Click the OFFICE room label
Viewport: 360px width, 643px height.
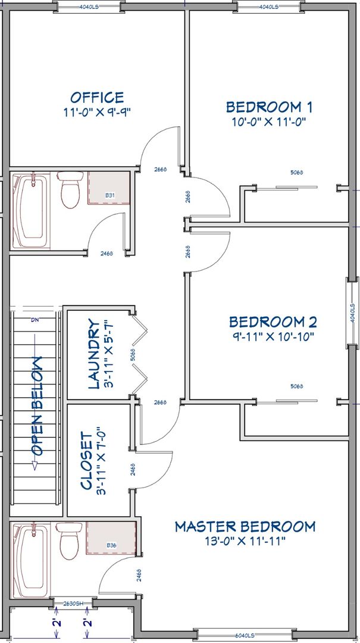pos(97,98)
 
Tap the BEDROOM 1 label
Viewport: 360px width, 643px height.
pos(269,107)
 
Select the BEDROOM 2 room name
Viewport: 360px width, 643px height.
pos(273,322)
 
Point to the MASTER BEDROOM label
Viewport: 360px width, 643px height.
pos(245,526)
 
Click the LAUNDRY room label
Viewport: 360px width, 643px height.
pos(94,354)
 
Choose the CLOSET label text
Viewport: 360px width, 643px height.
pos(87,460)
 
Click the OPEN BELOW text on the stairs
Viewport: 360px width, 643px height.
pos(36,406)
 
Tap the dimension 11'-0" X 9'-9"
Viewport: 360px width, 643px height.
pos(97,113)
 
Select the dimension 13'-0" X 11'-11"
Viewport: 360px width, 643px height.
pos(245,541)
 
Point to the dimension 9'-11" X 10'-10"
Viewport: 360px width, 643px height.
pos(273,336)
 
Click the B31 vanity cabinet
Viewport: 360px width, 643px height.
pos(109,188)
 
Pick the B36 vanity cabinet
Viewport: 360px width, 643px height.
pos(111,538)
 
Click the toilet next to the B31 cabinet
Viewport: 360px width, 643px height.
pos(70,189)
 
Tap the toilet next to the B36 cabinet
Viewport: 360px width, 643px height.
pos(69,540)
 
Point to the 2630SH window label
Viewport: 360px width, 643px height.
pos(73,603)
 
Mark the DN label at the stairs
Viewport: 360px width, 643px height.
pos(35,320)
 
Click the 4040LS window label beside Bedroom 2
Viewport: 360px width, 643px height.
pos(352,313)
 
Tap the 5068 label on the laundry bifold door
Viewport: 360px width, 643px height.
pos(133,355)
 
